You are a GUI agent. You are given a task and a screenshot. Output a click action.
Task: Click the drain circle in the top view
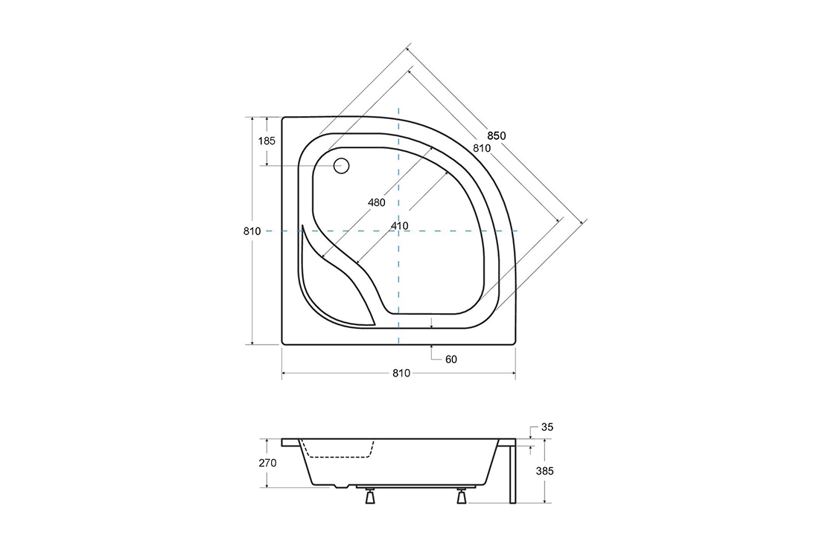(342, 166)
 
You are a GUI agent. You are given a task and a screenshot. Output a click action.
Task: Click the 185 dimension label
(267, 141)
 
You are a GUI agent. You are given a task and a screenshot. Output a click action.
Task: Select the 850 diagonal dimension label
(496, 135)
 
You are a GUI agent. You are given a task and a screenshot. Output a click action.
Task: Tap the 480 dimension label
(377, 202)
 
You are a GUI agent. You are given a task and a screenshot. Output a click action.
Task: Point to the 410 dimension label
(399, 226)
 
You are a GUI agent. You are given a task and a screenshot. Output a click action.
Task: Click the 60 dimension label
(451, 360)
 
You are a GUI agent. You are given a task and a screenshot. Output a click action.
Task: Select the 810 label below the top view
(401, 373)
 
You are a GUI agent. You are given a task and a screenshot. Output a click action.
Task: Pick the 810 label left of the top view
(252, 231)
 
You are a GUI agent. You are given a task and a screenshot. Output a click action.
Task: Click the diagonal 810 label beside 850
(482, 148)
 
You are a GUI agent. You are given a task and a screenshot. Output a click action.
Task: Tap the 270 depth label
(267, 463)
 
